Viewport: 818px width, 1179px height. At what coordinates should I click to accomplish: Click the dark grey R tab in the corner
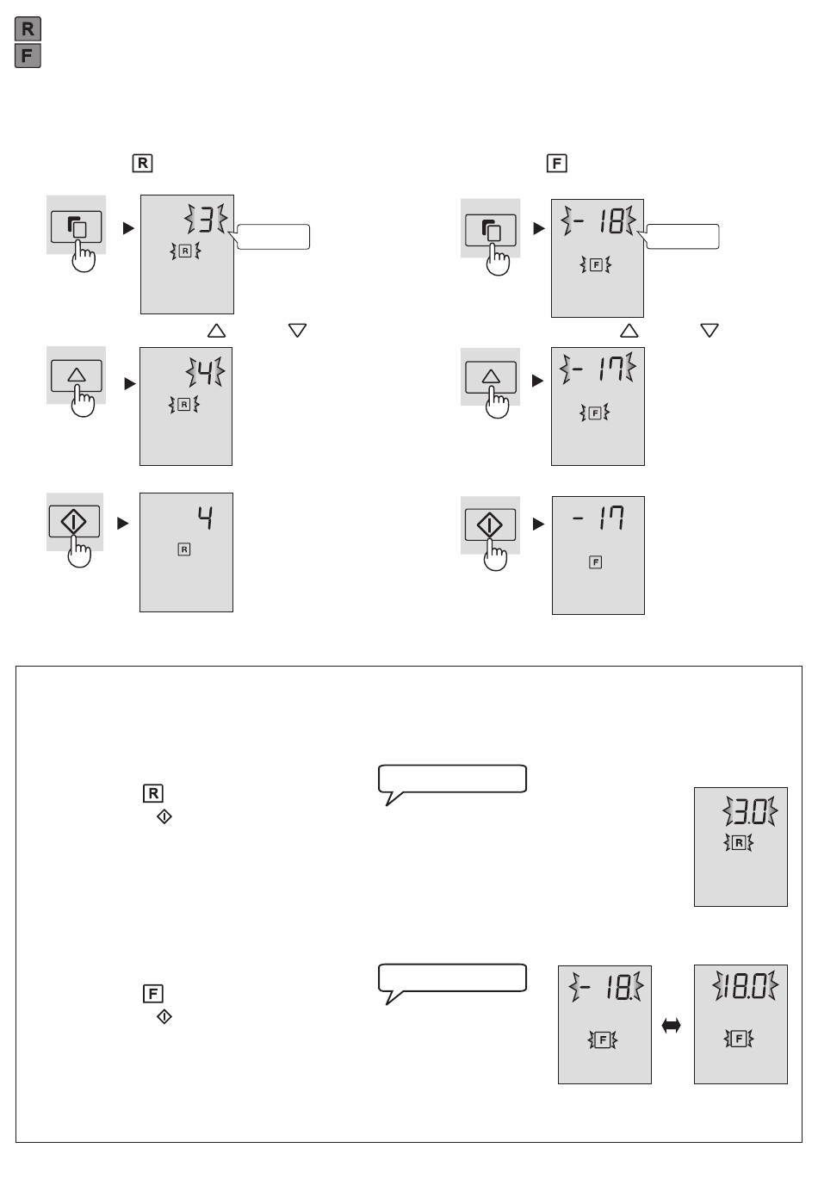tap(28, 29)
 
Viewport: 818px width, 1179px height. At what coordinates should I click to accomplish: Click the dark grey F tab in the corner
tap(28, 55)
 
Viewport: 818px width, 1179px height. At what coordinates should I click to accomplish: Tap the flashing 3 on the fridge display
tap(206, 219)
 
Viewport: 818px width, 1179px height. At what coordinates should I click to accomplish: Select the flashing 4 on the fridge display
tap(205, 371)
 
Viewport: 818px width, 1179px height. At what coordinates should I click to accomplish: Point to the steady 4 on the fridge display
tap(205, 518)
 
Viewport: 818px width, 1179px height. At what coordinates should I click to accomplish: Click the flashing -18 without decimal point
tap(598, 220)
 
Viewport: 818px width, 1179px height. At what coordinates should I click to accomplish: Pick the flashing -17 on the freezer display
tap(598, 368)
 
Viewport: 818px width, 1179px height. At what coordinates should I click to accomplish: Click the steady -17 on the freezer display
tap(598, 518)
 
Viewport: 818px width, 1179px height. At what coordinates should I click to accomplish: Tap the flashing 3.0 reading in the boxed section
tap(750, 811)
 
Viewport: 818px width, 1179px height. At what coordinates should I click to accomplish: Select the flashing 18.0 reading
tap(745, 985)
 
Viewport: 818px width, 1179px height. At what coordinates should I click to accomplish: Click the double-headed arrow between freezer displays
tap(671, 1026)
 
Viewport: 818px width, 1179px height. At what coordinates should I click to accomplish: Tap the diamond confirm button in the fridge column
tap(74, 522)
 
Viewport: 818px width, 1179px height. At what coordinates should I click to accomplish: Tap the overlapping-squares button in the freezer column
tap(491, 230)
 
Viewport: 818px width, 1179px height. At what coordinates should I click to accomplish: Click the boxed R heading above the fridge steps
tap(143, 163)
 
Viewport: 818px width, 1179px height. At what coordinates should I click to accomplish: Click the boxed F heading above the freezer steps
tap(557, 163)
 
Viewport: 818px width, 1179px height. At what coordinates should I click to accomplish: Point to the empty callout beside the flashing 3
tap(273, 237)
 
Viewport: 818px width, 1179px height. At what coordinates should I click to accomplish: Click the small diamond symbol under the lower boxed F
tap(164, 1016)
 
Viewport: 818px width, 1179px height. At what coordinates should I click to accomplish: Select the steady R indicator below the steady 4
tap(184, 549)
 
